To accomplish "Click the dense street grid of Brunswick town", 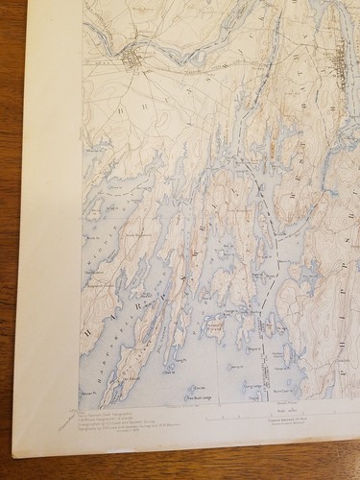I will coord(132,60).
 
